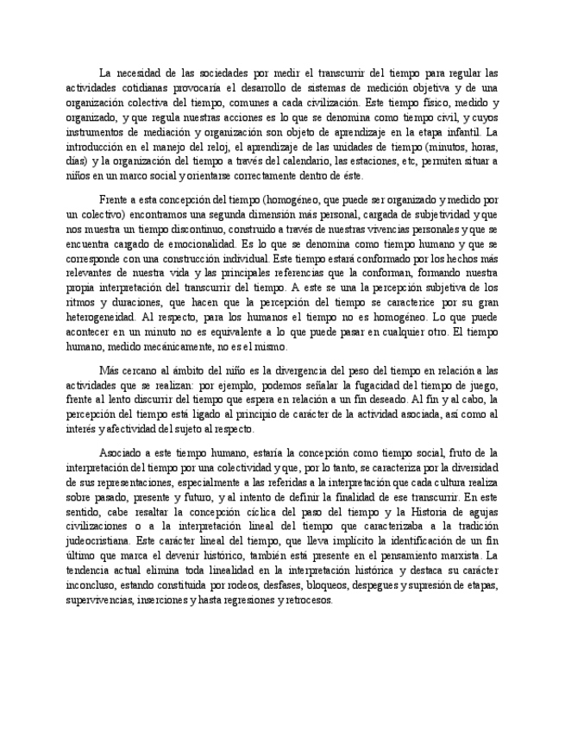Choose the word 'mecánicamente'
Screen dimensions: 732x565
pyautogui.click(x=194, y=346)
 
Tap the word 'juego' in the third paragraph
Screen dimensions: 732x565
pyautogui.click(x=480, y=385)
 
